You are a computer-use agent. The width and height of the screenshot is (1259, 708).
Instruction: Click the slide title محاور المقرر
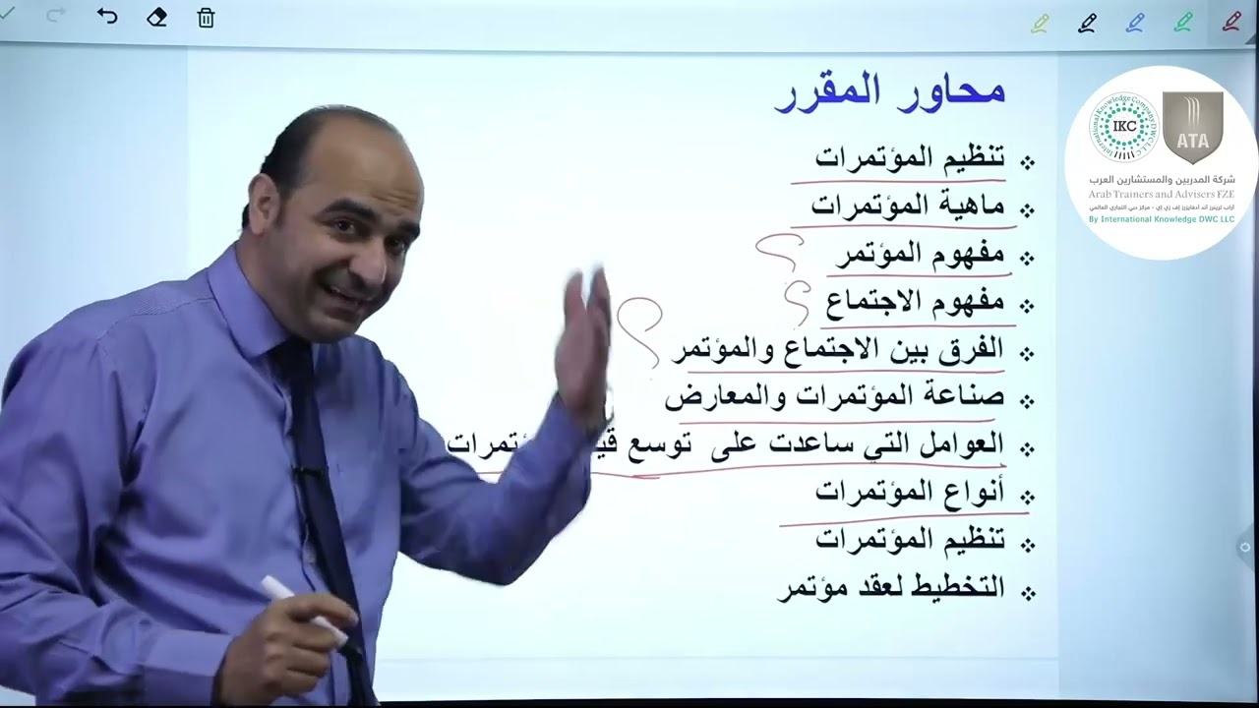[x=890, y=92]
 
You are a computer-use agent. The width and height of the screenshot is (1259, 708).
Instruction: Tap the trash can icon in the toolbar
[x=206, y=18]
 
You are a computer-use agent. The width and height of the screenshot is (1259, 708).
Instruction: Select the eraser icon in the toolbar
[x=156, y=18]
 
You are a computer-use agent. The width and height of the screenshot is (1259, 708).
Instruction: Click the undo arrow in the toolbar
[x=107, y=17]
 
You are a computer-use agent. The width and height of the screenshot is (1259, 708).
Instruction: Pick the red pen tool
[x=1230, y=23]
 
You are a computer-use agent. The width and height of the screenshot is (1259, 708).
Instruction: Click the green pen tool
[x=1183, y=23]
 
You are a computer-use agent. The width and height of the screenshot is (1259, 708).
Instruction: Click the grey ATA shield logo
[x=1192, y=128]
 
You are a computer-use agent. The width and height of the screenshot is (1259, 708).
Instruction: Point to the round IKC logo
[x=1125, y=127]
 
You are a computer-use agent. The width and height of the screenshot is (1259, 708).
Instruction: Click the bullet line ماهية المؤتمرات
[x=907, y=206]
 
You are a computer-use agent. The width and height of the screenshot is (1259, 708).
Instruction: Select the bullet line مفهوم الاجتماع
[x=915, y=302]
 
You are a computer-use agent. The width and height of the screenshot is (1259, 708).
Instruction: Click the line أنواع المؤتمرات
[x=909, y=492]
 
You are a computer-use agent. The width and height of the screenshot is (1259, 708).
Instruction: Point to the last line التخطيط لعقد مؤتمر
[x=891, y=588]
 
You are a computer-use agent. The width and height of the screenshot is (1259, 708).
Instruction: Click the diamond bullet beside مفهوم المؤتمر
[x=1028, y=258]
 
